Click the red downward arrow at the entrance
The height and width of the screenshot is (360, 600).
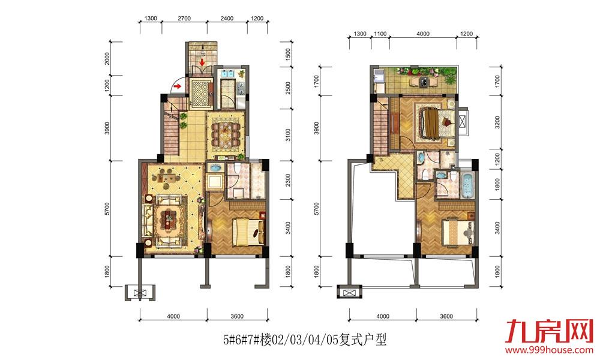coord(202,62)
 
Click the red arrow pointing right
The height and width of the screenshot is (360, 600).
coord(177,86)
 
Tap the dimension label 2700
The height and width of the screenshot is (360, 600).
coord(184,19)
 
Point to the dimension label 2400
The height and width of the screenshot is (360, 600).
coord(227,19)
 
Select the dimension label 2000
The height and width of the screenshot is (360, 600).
coord(107,58)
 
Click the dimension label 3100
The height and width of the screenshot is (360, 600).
coord(288,135)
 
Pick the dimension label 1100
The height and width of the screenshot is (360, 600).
coord(380,34)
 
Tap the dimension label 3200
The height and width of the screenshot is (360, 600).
coord(497,122)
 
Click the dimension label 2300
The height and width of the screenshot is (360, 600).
coord(288,180)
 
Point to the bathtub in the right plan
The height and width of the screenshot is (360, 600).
coord(467,186)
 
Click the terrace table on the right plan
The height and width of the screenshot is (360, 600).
coord(423,82)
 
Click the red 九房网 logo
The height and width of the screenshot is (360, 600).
coord(549,331)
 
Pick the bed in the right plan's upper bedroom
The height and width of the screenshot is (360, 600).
coord(437,122)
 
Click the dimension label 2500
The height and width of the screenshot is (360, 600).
coord(288,88)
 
